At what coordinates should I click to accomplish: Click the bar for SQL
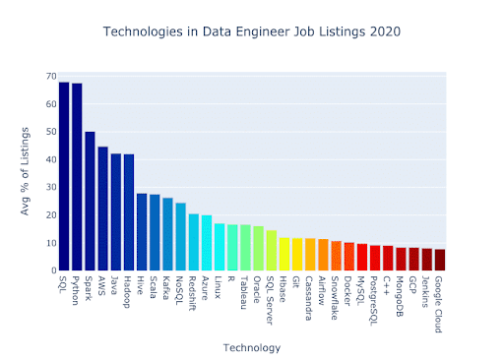click(x=64, y=177)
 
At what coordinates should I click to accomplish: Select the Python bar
click(x=77, y=178)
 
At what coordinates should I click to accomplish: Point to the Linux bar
click(x=219, y=247)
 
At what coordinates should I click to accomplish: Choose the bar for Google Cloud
click(x=439, y=260)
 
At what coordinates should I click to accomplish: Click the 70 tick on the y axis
click(x=48, y=76)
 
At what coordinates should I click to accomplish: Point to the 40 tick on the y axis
click(x=48, y=159)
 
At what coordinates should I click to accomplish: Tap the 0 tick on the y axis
click(x=51, y=270)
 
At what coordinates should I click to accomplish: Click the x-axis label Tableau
click(x=244, y=291)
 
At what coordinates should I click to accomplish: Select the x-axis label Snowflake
click(x=335, y=296)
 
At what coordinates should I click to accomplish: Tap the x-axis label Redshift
click(x=193, y=293)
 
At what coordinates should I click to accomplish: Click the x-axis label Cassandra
click(x=309, y=296)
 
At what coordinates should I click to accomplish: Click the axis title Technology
click(x=250, y=346)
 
